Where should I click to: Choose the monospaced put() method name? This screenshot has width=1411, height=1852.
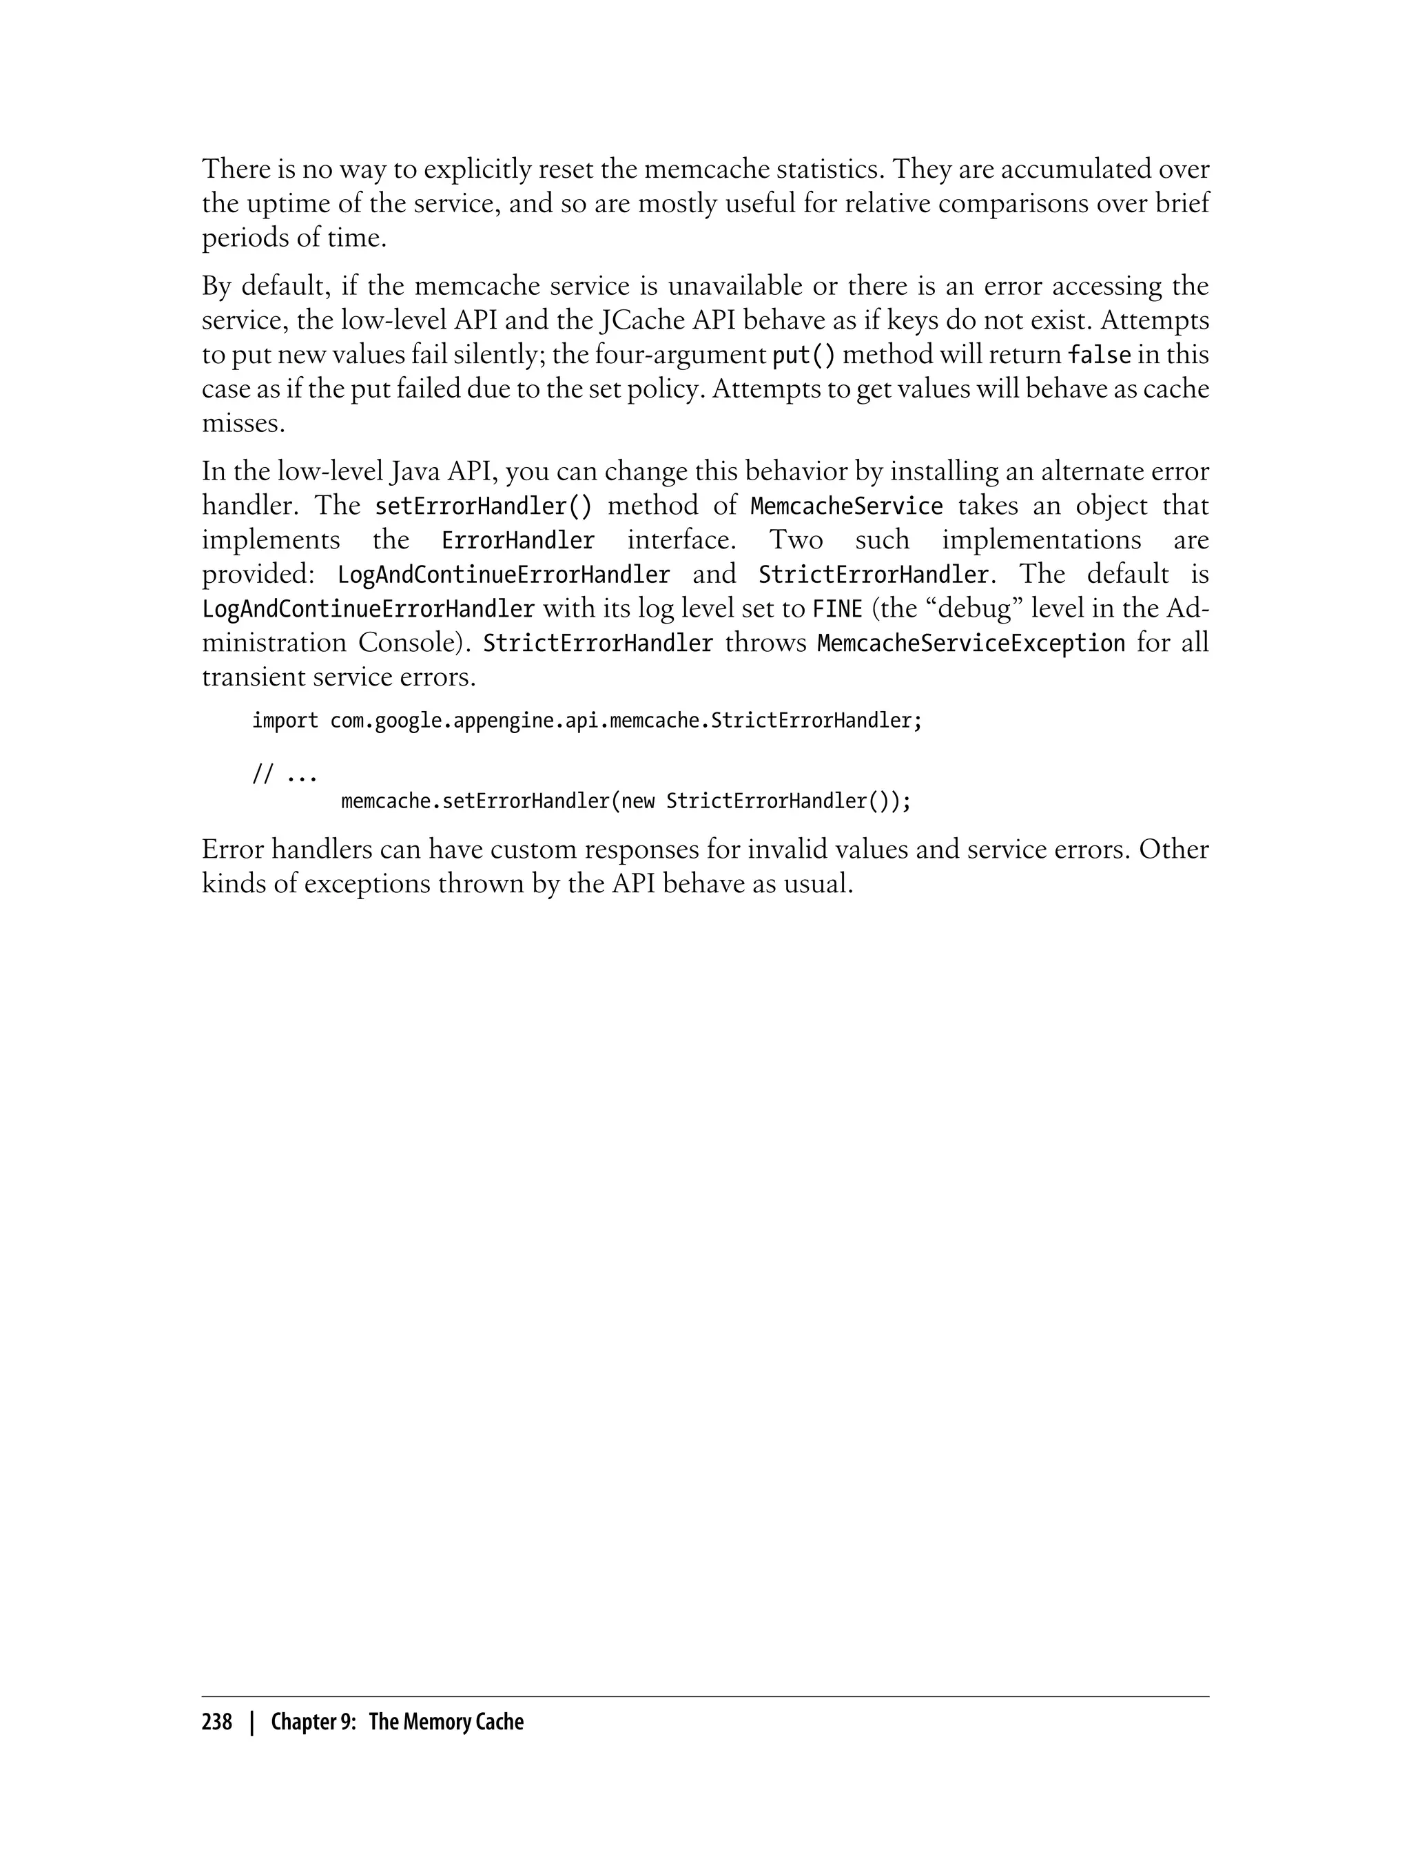point(803,356)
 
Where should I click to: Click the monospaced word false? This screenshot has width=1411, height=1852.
point(1099,356)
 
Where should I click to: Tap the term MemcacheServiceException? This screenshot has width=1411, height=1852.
point(971,644)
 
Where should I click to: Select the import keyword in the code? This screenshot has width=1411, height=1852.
point(285,721)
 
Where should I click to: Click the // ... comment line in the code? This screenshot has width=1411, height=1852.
point(285,774)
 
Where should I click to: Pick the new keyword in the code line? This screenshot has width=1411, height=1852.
point(637,801)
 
